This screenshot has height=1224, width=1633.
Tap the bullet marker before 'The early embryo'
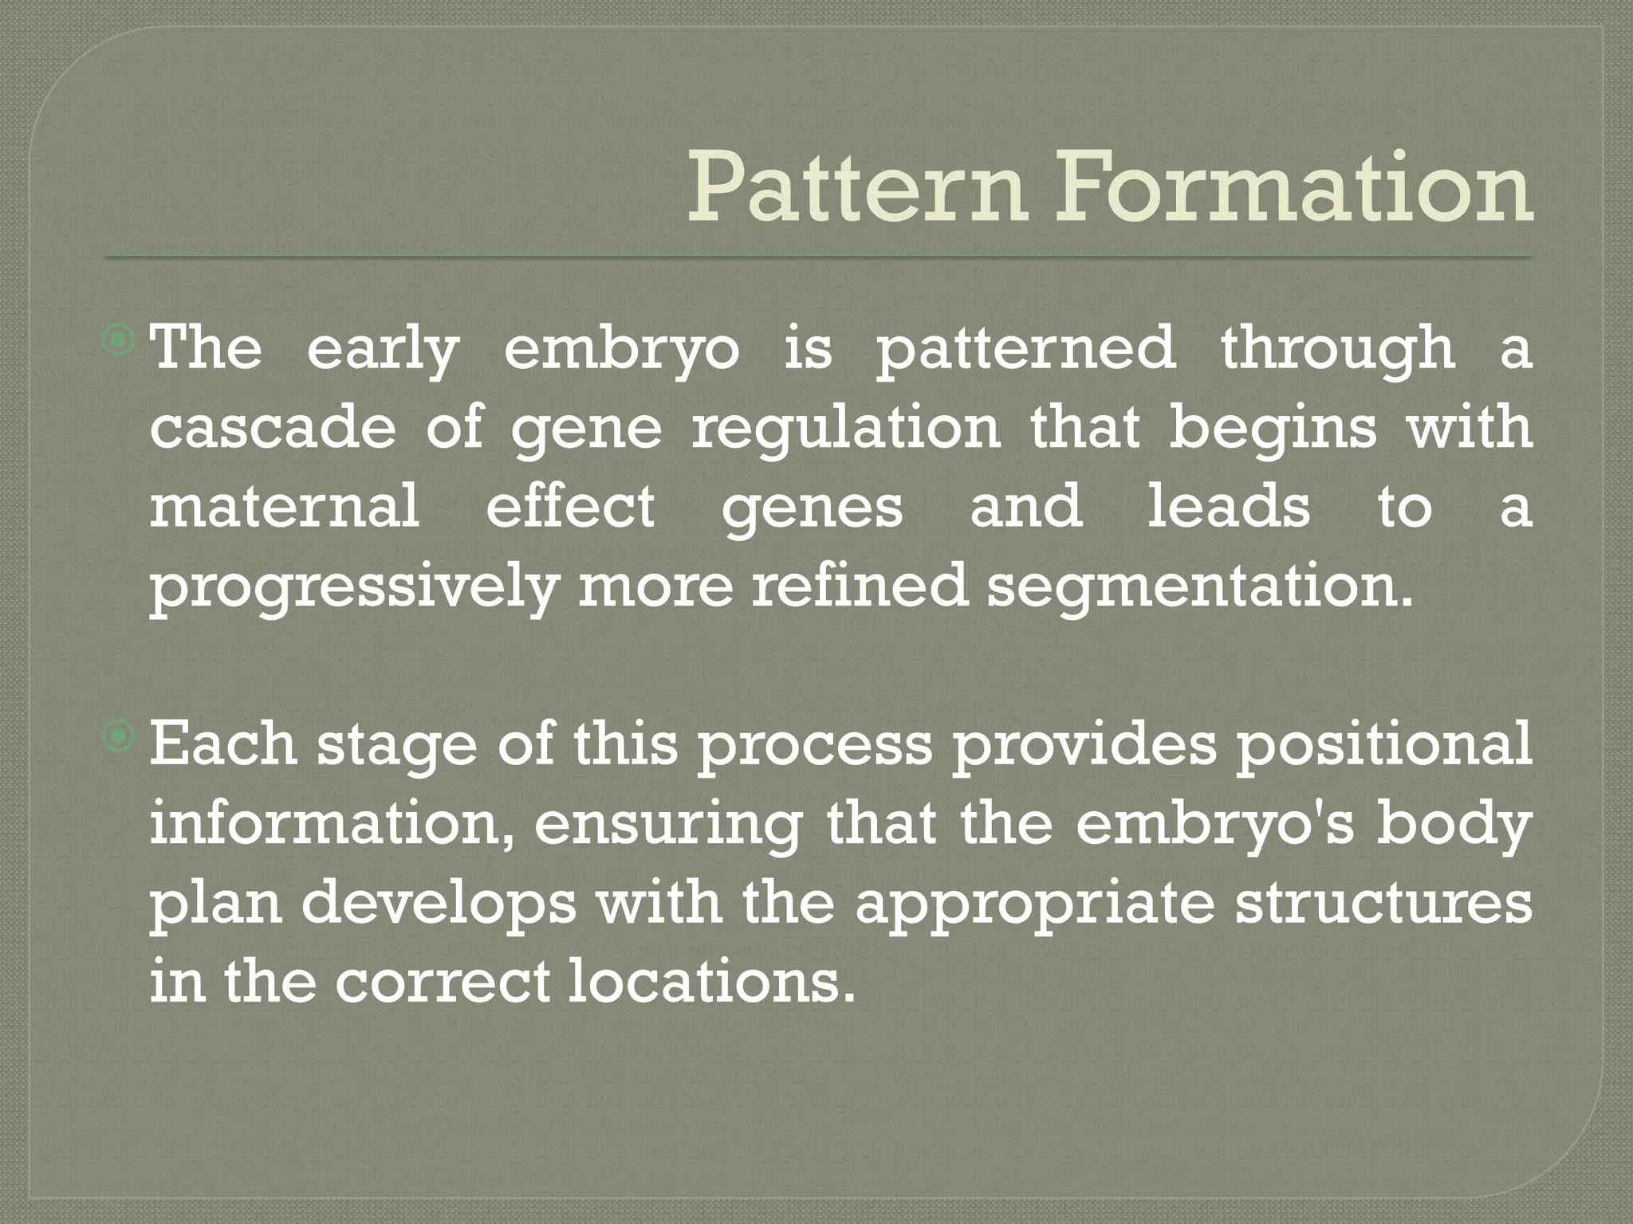pos(120,342)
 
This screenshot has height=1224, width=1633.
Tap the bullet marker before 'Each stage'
pos(120,737)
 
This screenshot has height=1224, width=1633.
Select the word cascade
pos(273,428)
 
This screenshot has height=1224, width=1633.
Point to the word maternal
pos(285,507)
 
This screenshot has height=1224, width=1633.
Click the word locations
pos(706,982)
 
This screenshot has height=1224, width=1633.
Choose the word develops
pos(439,904)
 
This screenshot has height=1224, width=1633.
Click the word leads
pos(1228,507)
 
